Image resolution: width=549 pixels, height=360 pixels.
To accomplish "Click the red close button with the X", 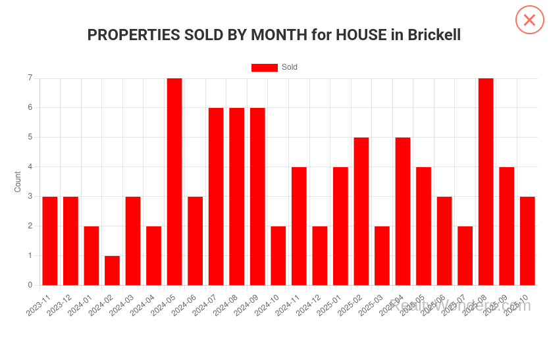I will (x=529, y=20).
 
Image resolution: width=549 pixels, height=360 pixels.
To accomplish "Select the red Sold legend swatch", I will (x=264, y=68).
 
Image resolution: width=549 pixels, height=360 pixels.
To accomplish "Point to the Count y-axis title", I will (x=18, y=182).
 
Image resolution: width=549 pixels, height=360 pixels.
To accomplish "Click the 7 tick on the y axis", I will (x=30, y=78).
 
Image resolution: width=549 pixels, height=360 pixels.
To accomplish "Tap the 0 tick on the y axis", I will (x=30, y=285).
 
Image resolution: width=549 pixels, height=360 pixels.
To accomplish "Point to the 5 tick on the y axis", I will (x=30, y=137).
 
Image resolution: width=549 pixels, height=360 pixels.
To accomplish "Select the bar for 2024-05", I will (x=174, y=182).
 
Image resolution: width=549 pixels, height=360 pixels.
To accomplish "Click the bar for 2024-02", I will (x=112, y=270).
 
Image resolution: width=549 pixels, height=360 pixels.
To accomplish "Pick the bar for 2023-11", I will (x=50, y=241).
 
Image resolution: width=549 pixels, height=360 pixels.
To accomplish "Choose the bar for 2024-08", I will (x=236, y=196).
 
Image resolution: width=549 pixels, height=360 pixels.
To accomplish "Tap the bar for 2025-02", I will (x=361, y=211).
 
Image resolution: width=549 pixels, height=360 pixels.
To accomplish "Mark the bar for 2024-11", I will (x=299, y=226).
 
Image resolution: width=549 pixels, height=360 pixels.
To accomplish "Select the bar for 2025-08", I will (x=486, y=182).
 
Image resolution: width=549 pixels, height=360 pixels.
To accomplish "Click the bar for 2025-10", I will (x=527, y=241).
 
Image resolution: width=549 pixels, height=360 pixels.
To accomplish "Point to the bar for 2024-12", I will (x=320, y=255).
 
